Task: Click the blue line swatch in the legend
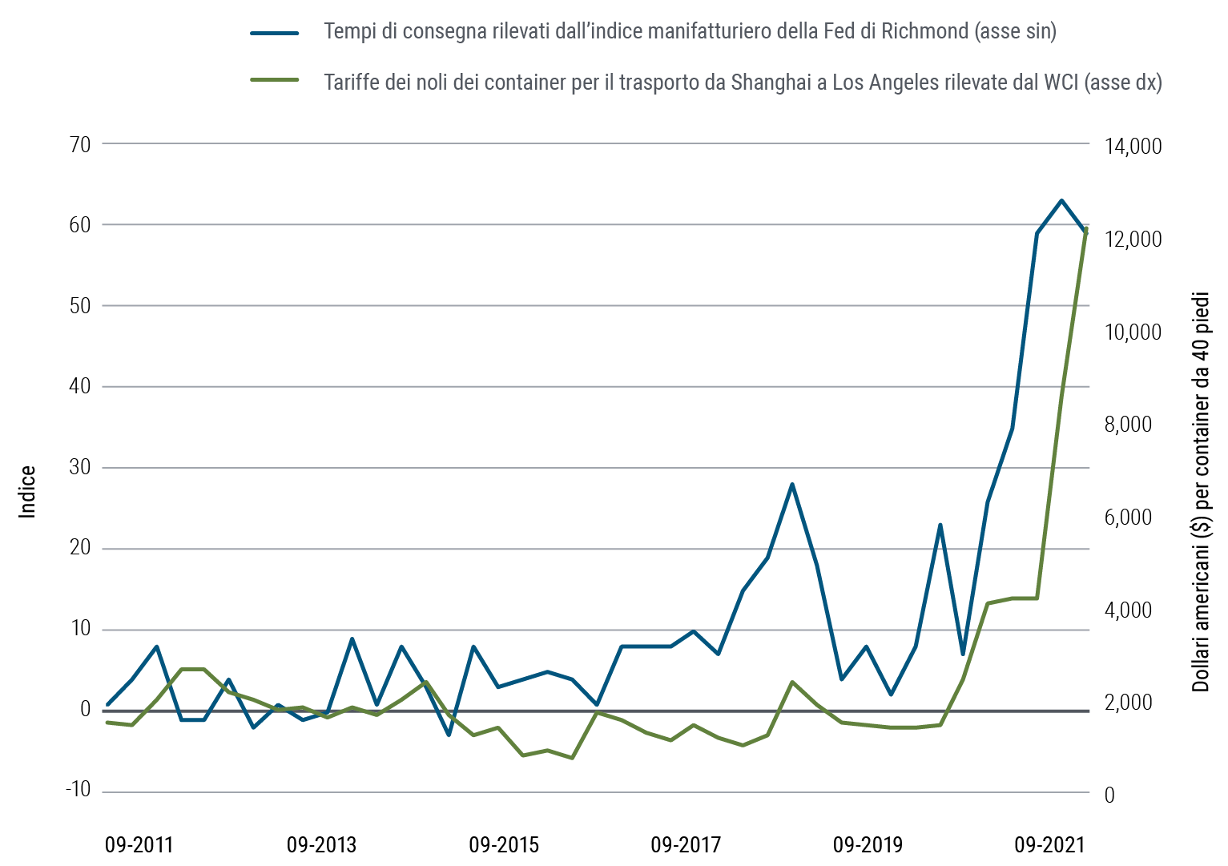coord(275,33)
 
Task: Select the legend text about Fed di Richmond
coord(690,32)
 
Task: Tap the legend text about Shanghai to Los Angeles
coord(743,82)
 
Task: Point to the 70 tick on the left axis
coord(81,145)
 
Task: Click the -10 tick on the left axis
coord(78,791)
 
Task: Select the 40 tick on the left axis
coord(81,387)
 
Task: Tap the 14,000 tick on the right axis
coord(1132,147)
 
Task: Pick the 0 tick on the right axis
coord(1109,796)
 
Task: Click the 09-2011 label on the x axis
coord(139,845)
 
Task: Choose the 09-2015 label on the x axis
coord(504,845)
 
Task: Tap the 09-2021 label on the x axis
coord(1049,845)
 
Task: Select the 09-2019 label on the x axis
coord(868,845)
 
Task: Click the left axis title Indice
coord(28,492)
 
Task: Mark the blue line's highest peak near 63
coord(1061,200)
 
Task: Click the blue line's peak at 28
coord(791,484)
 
